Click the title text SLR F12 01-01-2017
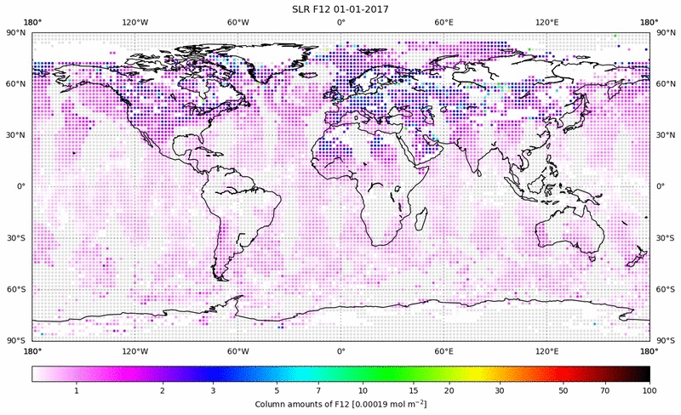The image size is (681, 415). tap(340, 9)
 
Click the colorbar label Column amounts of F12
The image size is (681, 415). tap(340, 403)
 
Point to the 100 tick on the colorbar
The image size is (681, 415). tap(650, 389)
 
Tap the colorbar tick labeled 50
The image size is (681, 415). tap(564, 389)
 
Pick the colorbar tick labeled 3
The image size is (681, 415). tap(213, 389)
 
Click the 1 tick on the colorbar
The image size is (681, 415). tap(77, 389)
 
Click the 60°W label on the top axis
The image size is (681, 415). tap(237, 23)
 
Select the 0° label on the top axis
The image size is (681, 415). tap(340, 23)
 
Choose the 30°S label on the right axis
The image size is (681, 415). tap(665, 238)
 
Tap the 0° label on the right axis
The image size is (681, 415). tap(661, 186)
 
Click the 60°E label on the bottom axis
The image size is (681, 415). tap(444, 350)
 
